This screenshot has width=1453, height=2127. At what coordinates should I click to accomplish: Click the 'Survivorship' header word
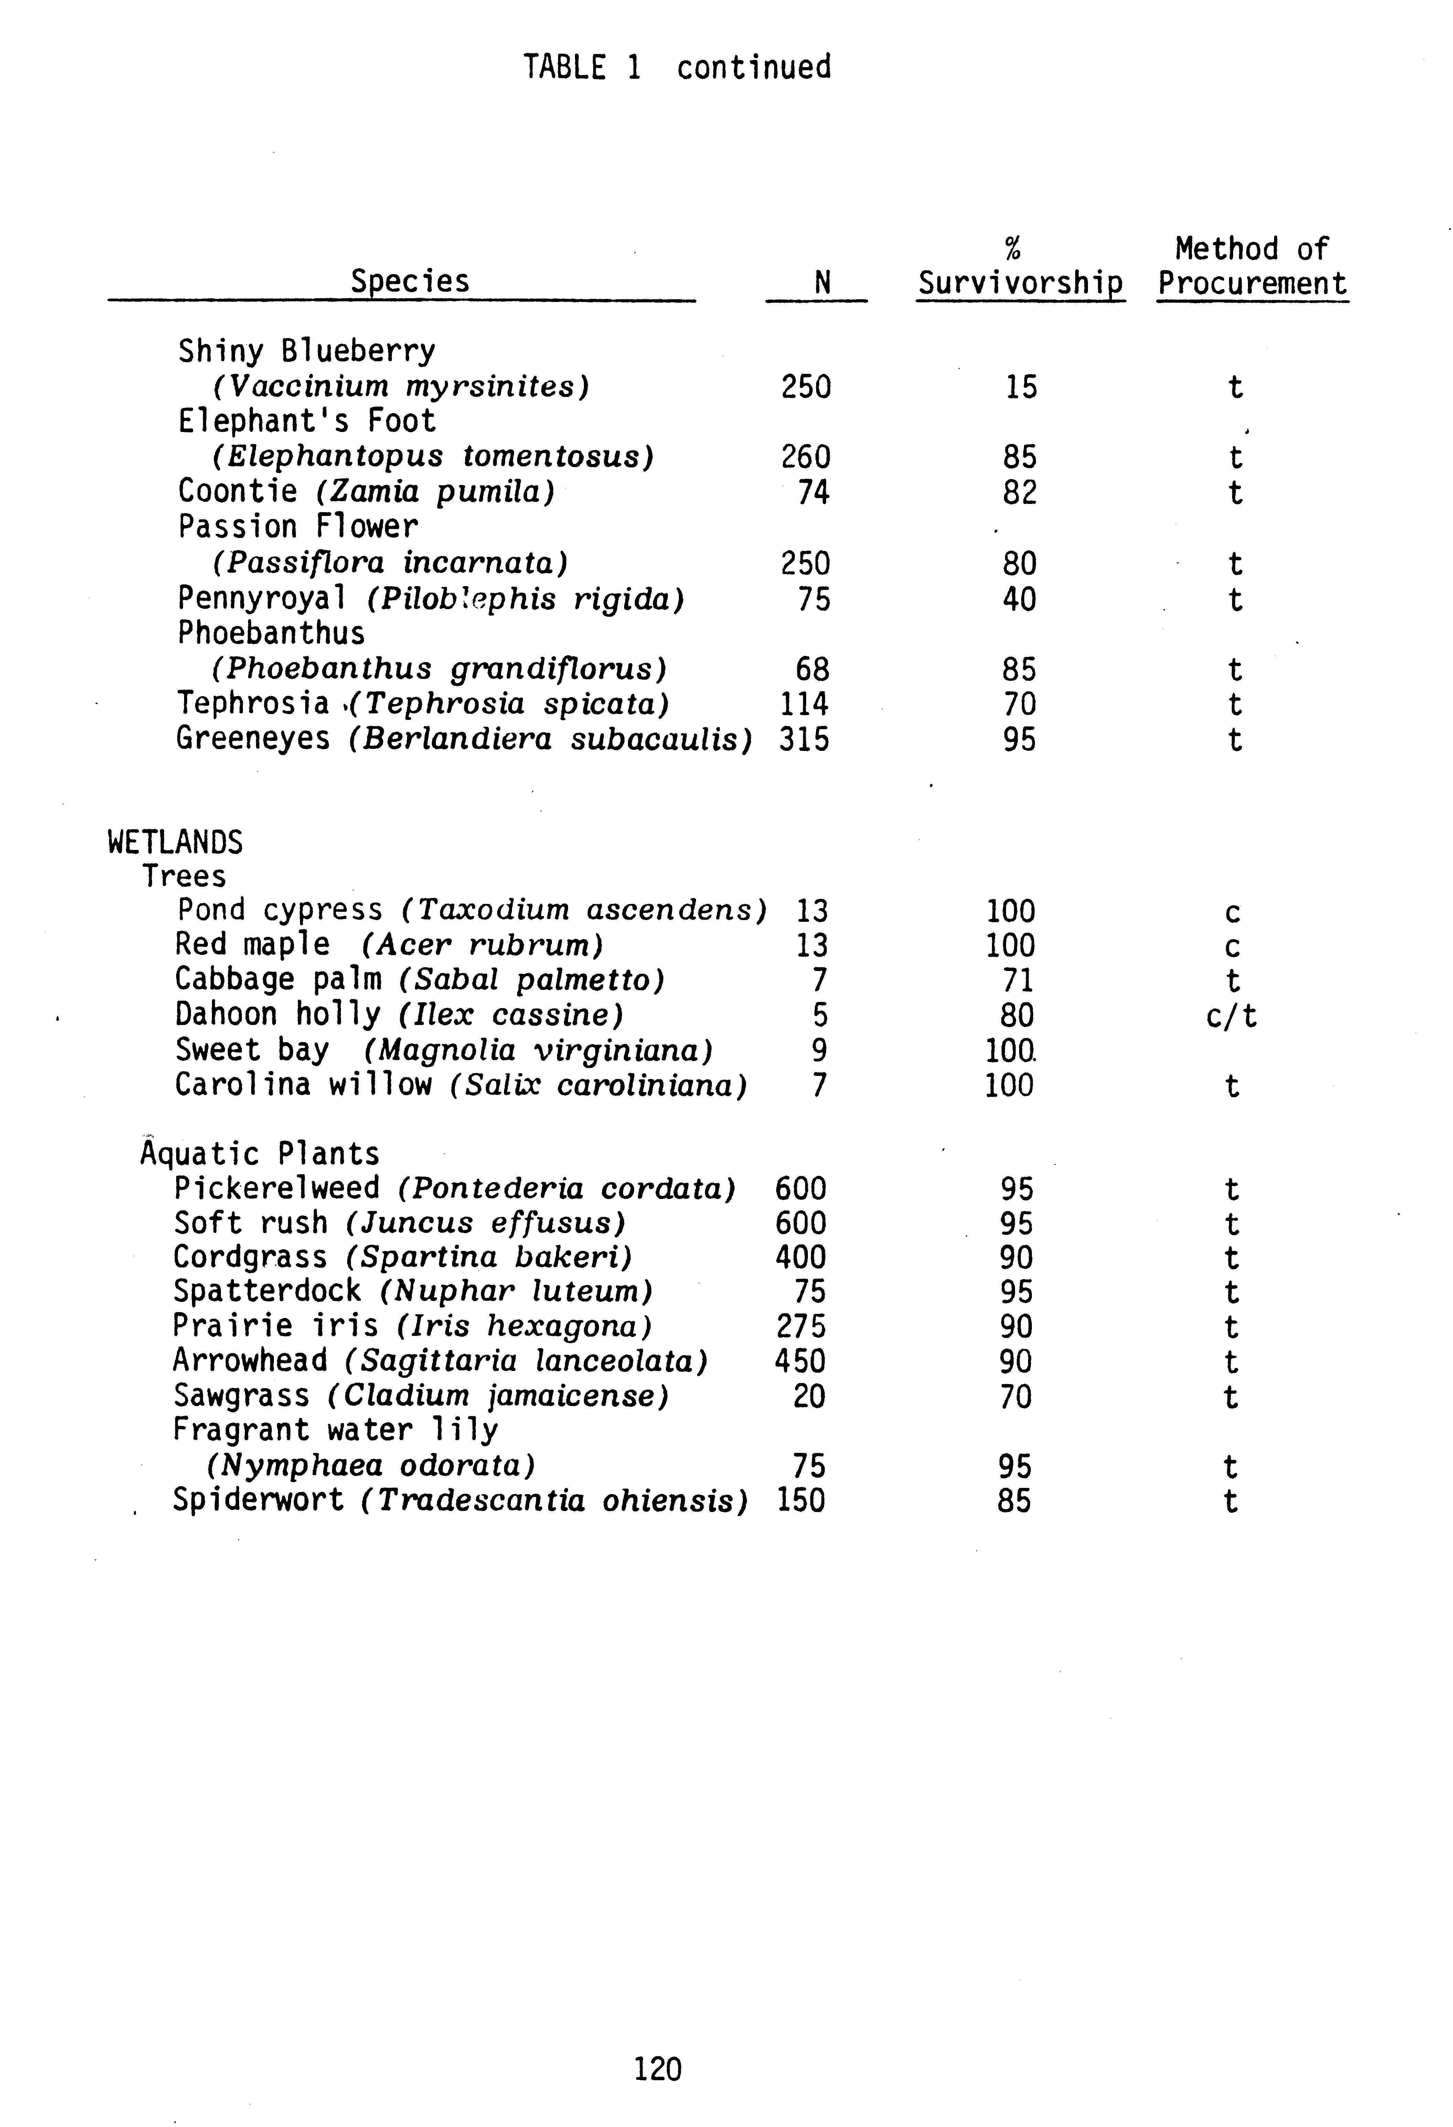[1020, 284]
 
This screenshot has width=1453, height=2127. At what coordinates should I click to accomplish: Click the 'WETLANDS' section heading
[175, 842]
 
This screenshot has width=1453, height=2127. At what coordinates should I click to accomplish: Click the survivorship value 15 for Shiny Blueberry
[1021, 387]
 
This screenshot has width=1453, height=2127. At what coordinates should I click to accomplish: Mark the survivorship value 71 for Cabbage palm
[1017, 980]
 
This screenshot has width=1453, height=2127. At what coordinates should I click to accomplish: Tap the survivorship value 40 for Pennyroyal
[1019, 600]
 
